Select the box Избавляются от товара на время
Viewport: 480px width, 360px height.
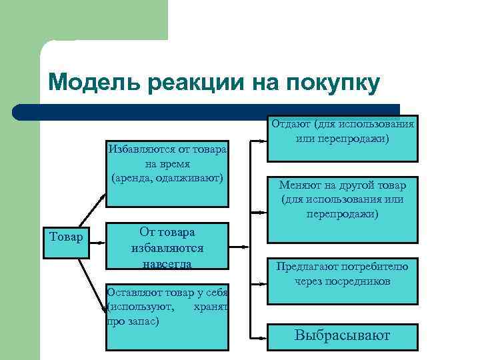click(167, 163)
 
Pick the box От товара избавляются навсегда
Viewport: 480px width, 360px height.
click(167, 247)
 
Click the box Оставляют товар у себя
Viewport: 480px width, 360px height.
click(167, 313)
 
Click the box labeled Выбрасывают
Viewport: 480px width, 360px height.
click(343, 337)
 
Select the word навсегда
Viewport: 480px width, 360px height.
click(167, 263)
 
